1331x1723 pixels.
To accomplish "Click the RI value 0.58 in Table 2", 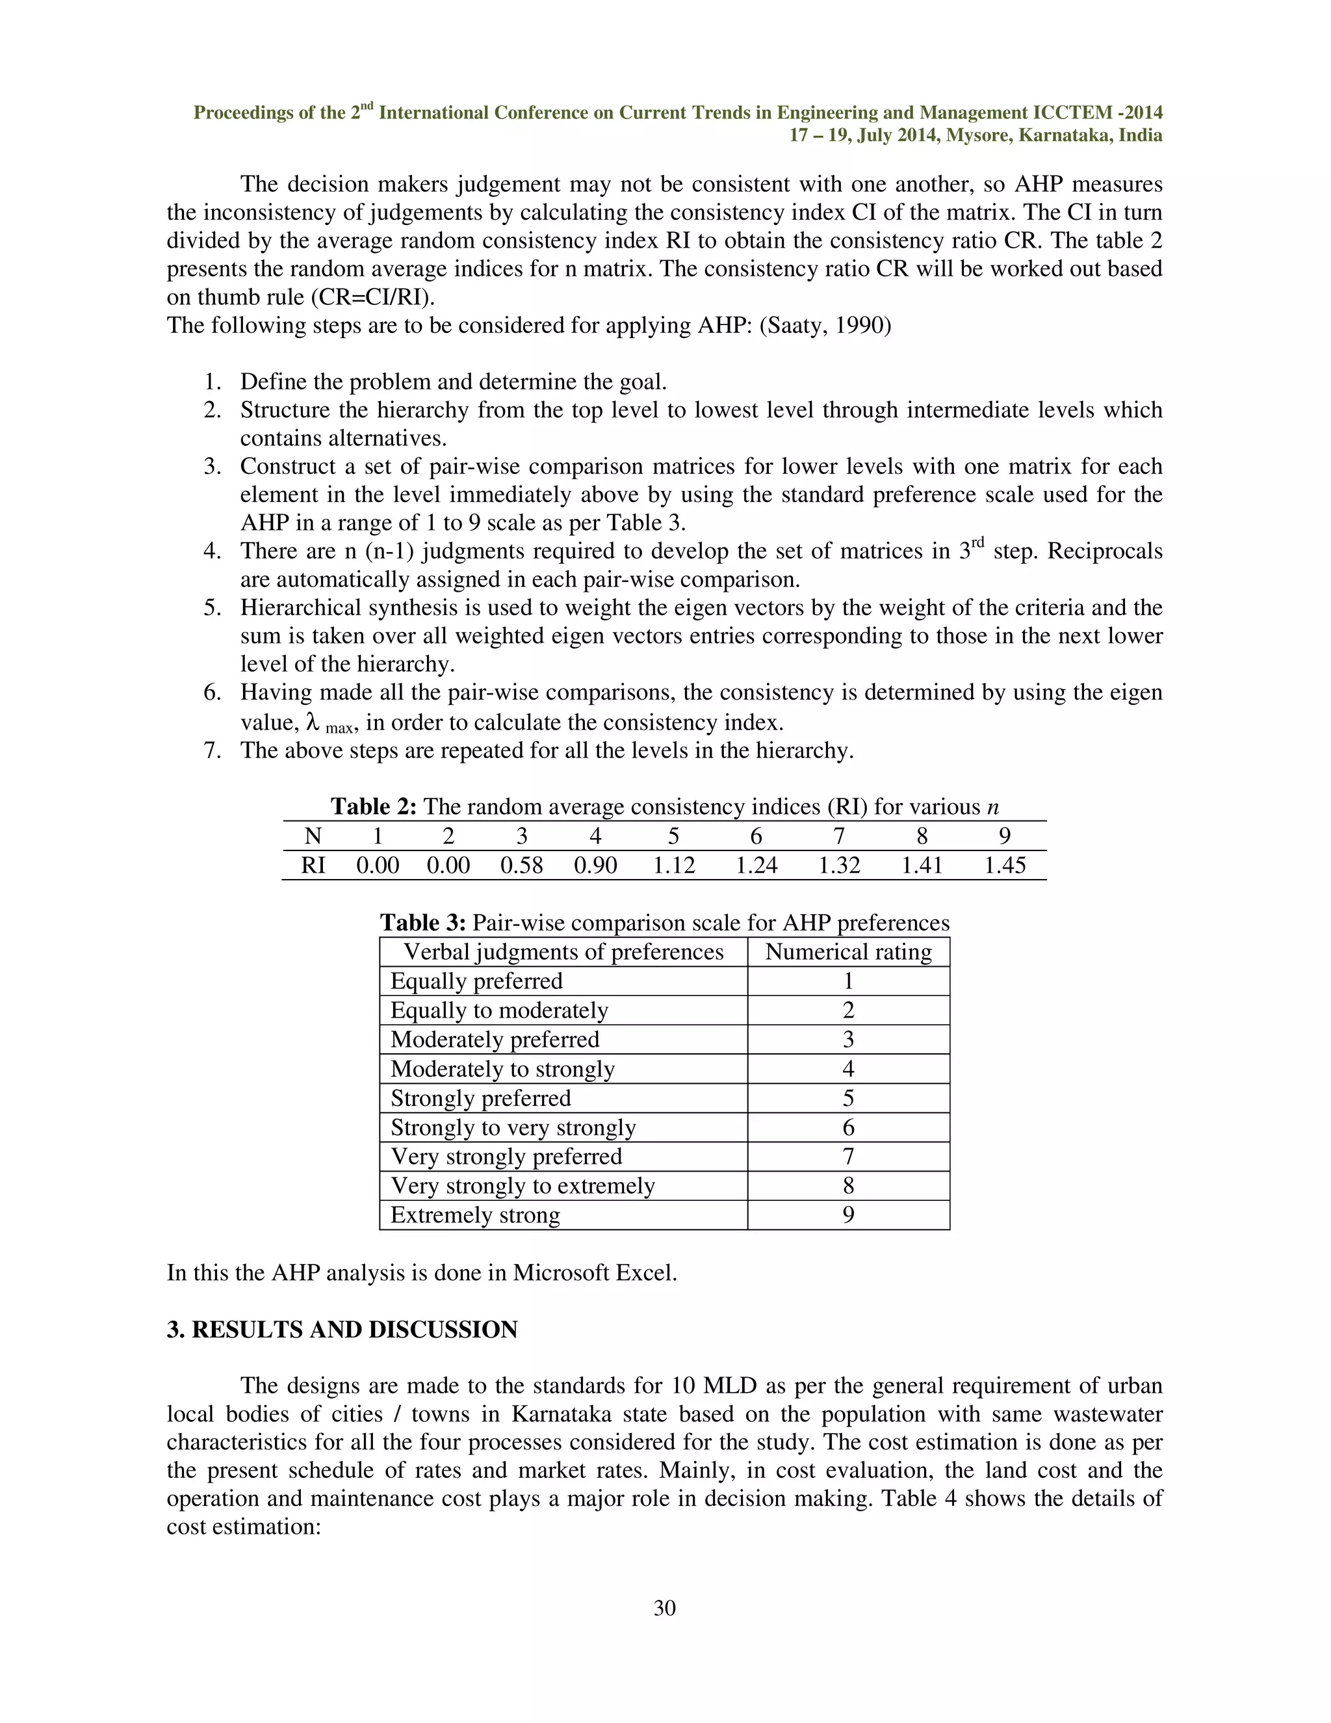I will [521, 865].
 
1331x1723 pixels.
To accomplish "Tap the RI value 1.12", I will [674, 865].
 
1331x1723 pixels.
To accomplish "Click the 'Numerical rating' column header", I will [848, 953].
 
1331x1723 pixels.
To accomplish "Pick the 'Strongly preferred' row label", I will [480, 1098].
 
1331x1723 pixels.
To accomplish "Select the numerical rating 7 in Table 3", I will [848, 1157].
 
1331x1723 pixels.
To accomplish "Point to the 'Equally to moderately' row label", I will [499, 1010].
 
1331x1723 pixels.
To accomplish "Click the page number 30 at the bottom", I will [665, 1608].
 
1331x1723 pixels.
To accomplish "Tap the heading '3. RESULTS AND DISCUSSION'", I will [342, 1330].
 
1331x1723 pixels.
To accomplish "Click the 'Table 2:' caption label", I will [374, 807].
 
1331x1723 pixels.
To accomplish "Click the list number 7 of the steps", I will [211, 750].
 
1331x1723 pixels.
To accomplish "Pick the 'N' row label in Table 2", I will [312, 836].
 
